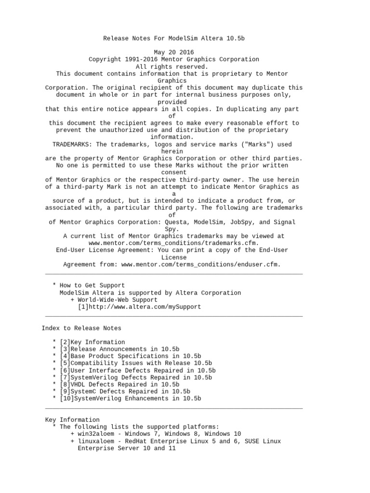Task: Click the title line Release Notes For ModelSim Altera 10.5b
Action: (174, 38)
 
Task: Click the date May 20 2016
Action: (174, 52)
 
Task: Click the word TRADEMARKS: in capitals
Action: (72, 144)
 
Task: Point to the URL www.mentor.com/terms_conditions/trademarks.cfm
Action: (174, 243)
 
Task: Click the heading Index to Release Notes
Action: (81, 328)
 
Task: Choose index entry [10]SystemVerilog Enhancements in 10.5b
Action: (130, 399)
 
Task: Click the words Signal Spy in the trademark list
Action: (284, 222)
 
